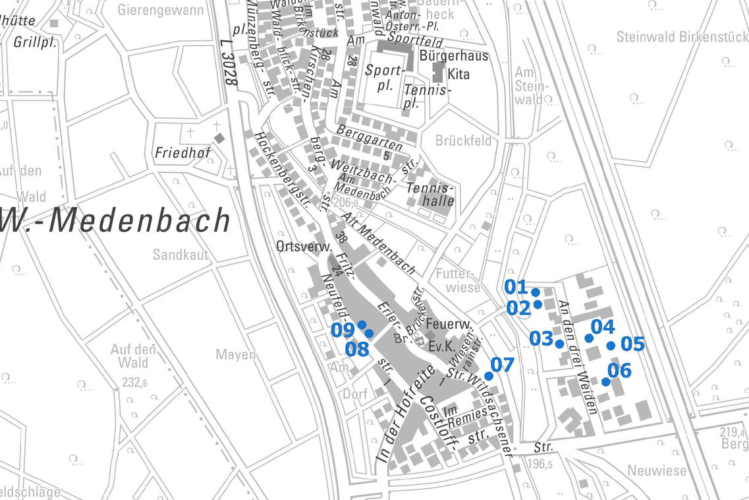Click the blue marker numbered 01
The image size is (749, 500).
(x=536, y=292)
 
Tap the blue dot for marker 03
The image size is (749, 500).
(x=559, y=344)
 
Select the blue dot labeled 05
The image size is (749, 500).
(x=611, y=345)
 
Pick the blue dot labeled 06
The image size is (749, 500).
(x=605, y=381)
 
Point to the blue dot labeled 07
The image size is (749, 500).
(x=488, y=375)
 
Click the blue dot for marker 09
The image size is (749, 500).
(x=362, y=325)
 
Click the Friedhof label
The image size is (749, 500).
(x=182, y=153)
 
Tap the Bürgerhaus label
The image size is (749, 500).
(x=454, y=55)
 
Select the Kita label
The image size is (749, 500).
(x=458, y=74)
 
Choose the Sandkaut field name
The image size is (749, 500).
(x=180, y=255)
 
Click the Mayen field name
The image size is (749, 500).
(x=235, y=355)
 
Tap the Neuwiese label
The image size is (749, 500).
(x=656, y=471)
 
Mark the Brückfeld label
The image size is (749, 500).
(x=463, y=141)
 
